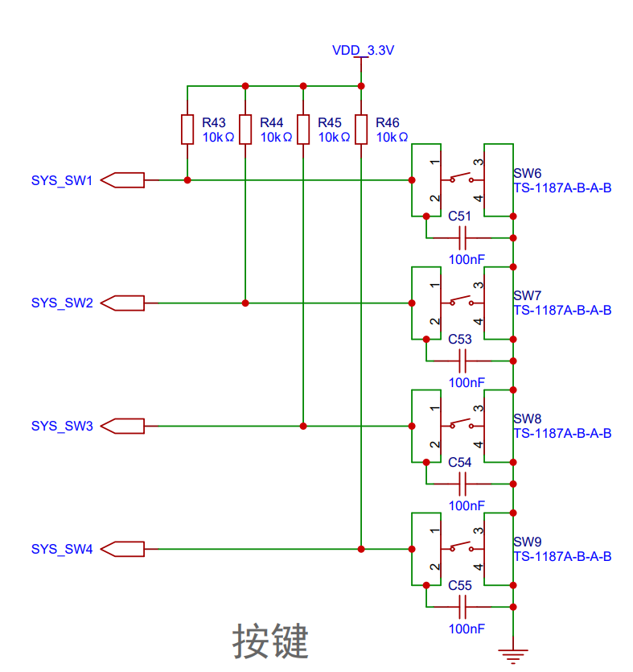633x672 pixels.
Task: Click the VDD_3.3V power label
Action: (363, 51)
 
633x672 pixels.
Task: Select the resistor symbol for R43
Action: (187, 130)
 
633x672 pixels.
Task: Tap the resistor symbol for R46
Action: (361, 130)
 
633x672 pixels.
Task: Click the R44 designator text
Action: (272, 122)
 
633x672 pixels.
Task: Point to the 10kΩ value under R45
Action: (334, 137)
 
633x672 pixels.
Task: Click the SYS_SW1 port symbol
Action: (122, 180)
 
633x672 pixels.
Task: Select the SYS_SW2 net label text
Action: (62, 303)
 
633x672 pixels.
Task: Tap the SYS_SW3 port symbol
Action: (122, 426)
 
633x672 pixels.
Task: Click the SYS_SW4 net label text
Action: (62, 549)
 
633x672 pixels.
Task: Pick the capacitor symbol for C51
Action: (462, 238)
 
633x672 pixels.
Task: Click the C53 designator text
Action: (459, 339)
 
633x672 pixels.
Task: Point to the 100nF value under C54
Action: (467, 505)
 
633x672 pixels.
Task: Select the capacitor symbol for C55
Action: (462, 607)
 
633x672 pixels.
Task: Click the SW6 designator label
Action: (528, 173)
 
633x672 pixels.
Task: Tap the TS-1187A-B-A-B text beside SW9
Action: (563, 556)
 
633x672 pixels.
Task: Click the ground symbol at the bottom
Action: (513, 656)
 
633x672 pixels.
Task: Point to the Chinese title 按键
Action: (270, 641)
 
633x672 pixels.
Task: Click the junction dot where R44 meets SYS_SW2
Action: (245, 303)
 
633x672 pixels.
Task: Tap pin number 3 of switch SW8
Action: (478, 408)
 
